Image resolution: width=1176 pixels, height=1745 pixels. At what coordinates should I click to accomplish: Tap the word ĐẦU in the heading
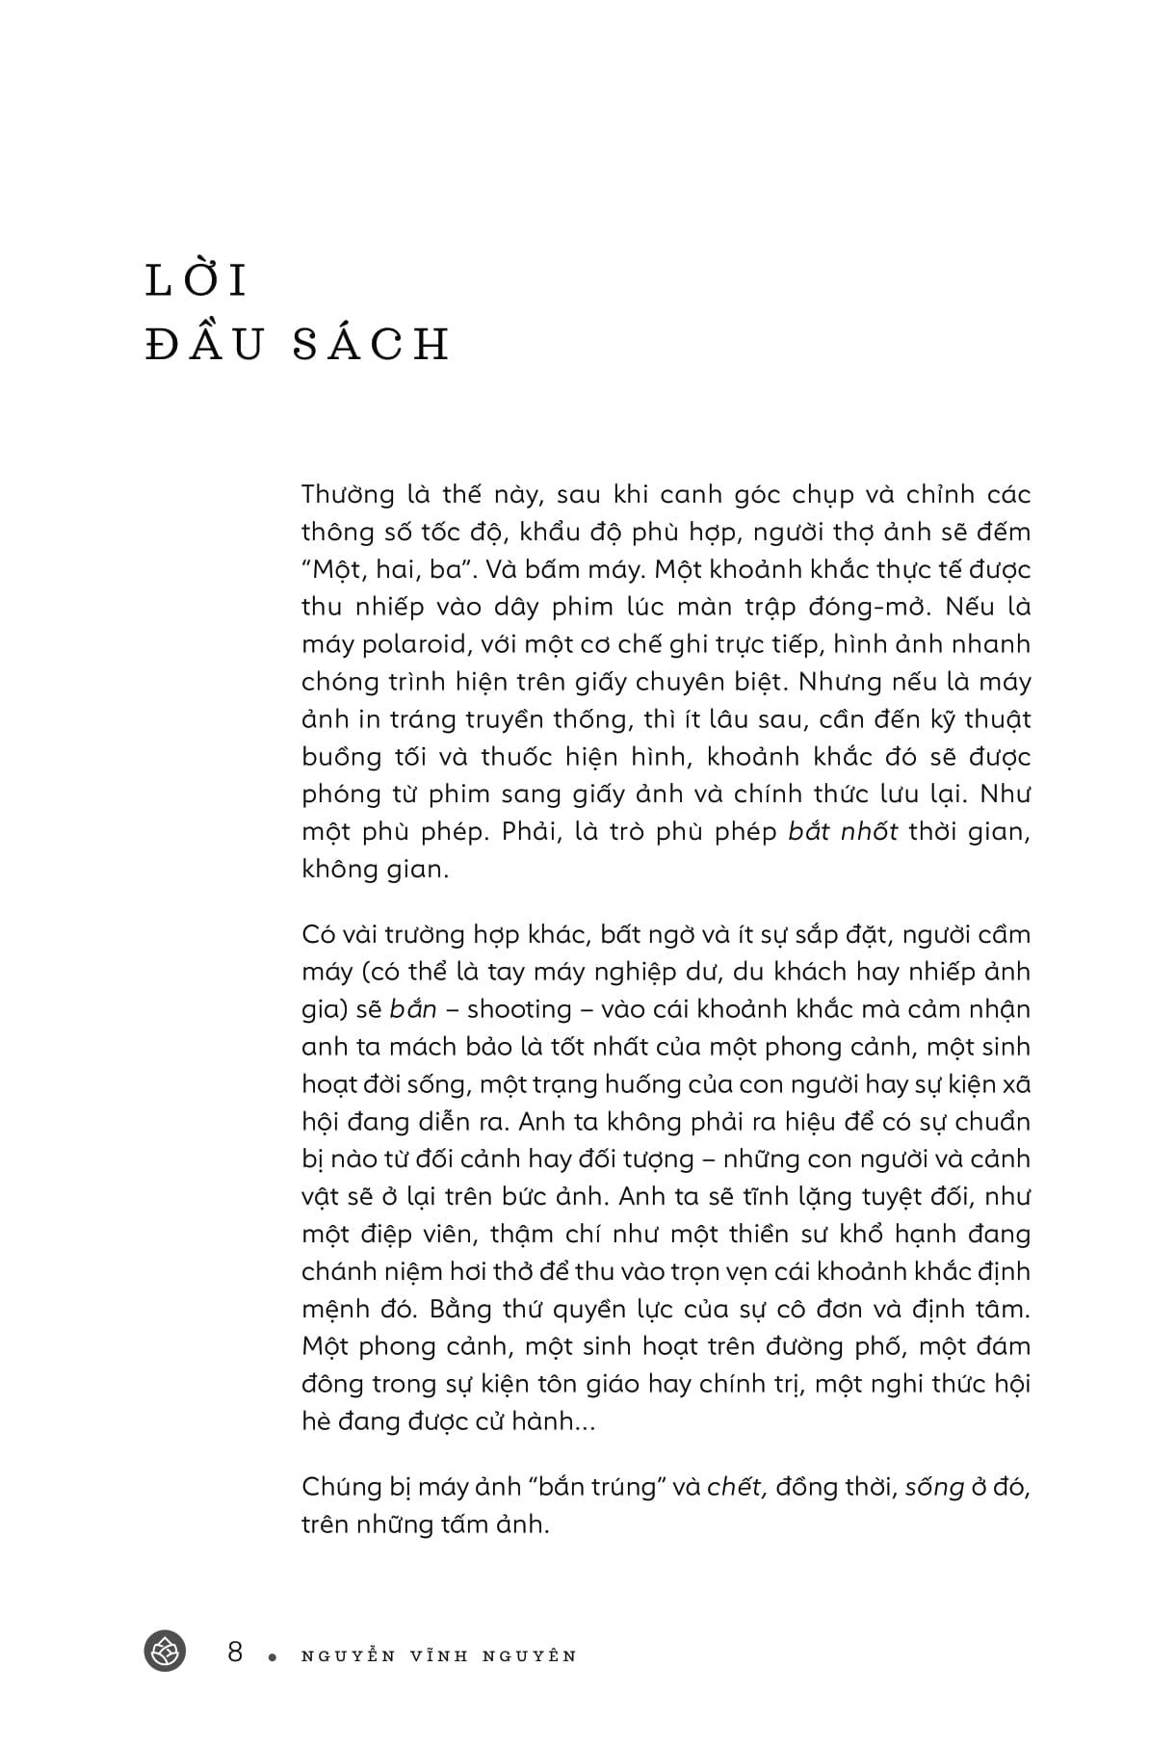point(205,345)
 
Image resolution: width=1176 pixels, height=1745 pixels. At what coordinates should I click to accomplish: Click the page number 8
point(235,1653)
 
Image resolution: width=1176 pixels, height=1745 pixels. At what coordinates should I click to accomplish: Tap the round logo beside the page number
point(165,1653)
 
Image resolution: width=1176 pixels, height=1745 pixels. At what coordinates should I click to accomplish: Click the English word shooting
point(520,1009)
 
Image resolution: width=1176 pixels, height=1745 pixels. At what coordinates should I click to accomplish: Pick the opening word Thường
point(349,494)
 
